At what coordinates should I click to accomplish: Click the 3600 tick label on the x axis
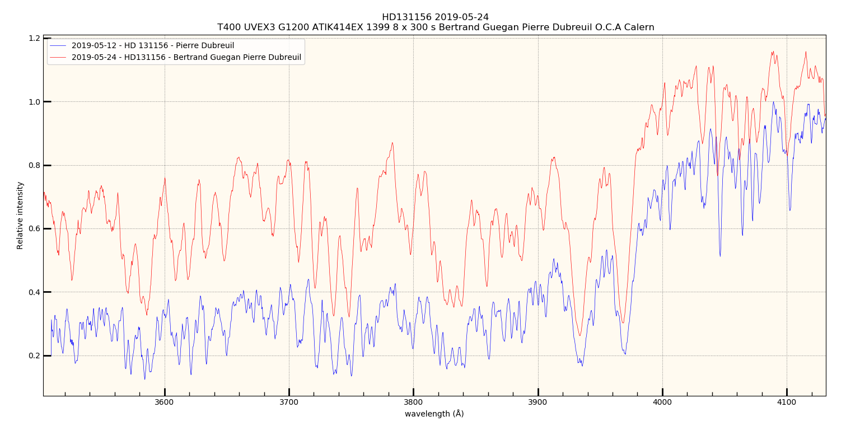(x=164, y=401)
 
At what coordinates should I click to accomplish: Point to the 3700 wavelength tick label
(x=289, y=401)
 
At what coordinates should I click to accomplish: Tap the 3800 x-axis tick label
(x=413, y=401)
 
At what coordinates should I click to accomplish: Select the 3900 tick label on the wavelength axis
(x=538, y=401)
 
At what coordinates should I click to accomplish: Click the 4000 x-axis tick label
(x=662, y=401)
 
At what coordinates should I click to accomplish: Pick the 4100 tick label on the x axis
(x=787, y=401)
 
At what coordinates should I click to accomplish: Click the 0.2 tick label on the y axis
(x=34, y=356)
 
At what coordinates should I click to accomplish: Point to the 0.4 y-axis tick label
(x=34, y=292)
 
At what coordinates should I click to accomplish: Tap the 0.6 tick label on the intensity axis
(x=34, y=228)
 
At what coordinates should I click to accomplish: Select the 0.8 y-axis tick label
(x=34, y=165)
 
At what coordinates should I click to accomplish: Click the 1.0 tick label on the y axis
(x=34, y=102)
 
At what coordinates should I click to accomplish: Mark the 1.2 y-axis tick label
(x=34, y=39)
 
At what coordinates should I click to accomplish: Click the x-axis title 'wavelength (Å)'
(x=434, y=414)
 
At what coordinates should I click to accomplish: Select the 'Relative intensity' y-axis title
(x=20, y=215)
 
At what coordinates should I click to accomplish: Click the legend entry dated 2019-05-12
(x=152, y=46)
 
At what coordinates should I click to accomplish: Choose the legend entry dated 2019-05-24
(x=186, y=57)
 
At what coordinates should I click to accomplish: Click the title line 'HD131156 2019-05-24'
(x=435, y=17)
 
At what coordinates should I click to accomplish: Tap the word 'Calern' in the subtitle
(x=641, y=27)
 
